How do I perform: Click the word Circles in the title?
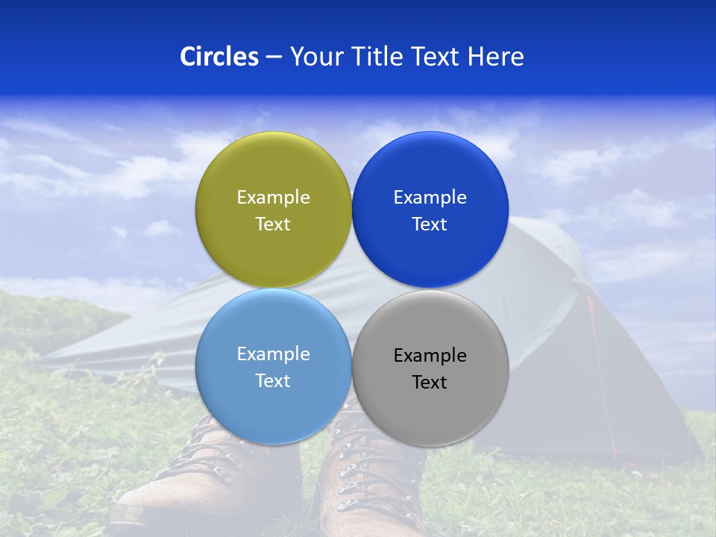[219, 57]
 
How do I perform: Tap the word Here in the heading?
[495, 57]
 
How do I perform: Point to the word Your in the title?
[315, 57]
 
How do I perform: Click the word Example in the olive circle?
[273, 197]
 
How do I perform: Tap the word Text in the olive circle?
[273, 224]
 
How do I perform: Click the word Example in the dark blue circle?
[430, 197]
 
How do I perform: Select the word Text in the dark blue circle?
[430, 224]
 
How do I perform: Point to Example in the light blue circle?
[273, 354]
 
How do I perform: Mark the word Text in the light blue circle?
[273, 380]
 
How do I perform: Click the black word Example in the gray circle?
[430, 355]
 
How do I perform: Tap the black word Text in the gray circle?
[430, 382]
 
